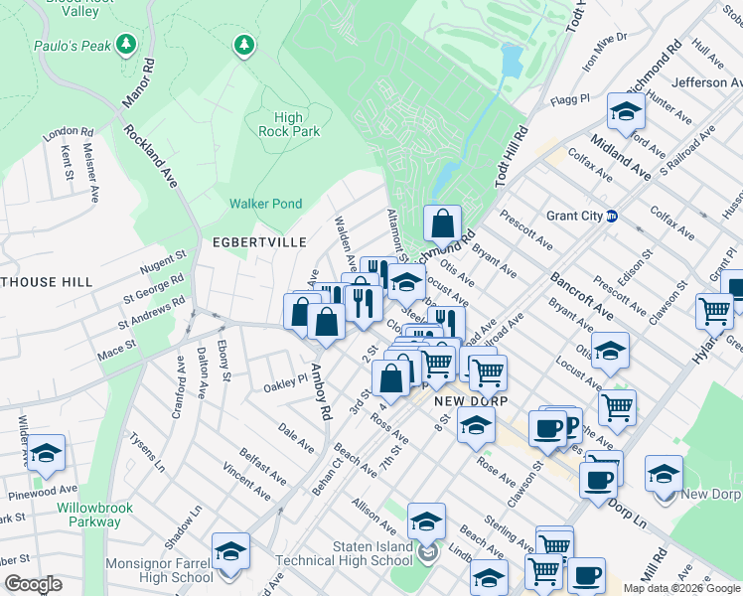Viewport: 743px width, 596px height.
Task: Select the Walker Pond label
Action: coord(265,204)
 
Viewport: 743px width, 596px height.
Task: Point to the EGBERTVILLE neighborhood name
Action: coord(252,241)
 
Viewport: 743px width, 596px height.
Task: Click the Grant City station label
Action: coord(574,216)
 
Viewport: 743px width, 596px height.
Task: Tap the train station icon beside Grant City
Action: coord(612,216)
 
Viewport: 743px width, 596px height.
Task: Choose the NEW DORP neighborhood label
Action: coord(471,400)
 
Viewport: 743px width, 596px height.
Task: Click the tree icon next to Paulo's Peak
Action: coord(125,44)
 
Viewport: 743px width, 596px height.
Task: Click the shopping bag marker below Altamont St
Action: coord(442,224)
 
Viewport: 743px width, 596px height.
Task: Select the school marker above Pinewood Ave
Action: coord(46,453)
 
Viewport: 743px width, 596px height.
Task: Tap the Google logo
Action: coord(33,584)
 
